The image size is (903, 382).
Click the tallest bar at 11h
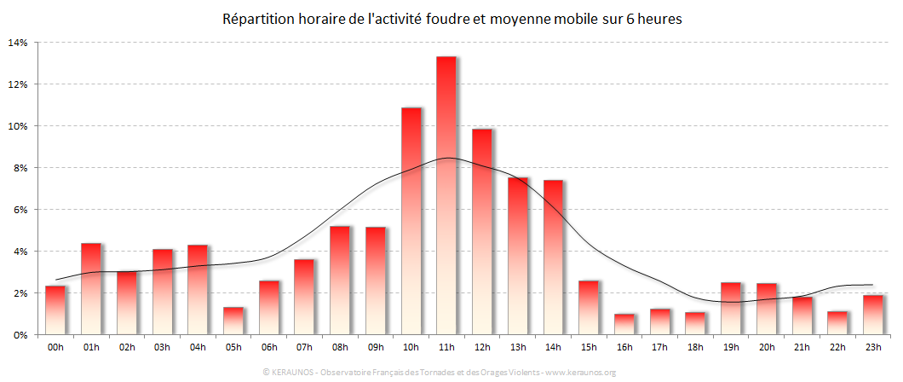pyautogui.click(x=446, y=196)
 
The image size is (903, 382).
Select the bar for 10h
pyautogui.click(x=411, y=222)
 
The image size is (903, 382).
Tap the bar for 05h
pyautogui.click(x=233, y=321)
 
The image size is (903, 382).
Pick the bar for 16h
pyautogui.click(x=624, y=324)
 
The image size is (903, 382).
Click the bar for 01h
pyautogui.click(x=91, y=289)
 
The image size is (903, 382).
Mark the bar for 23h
pyautogui.click(x=872, y=315)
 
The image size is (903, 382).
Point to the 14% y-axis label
pyautogui.click(x=18, y=43)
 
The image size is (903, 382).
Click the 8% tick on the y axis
pyautogui.click(x=20, y=168)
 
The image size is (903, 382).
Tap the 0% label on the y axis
pyautogui.click(x=20, y=335)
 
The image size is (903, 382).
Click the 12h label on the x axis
pyautogui.click(x=482, y=348)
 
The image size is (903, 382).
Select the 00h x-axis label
pyautogui.click(x=55, y=348)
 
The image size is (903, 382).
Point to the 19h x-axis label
pyautogui.click(x=731, y=348)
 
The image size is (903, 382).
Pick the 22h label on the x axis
pyautogui.click(x=837, y=348)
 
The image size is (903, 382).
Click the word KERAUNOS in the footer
pyautogui.click(x=291, y=373)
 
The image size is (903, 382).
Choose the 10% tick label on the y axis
pyautogui.click(x=18, y=126)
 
